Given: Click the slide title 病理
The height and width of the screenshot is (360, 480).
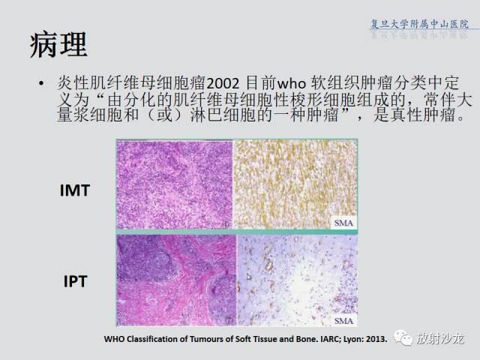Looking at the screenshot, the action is [x=58, y=45].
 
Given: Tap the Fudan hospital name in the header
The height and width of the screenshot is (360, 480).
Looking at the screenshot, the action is [x=419, y=24].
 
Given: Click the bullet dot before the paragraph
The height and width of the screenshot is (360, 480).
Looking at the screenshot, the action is [x=41, y=83].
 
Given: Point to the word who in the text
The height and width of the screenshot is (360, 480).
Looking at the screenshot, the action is [x=292, y=83].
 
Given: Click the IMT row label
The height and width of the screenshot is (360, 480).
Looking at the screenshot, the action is [x=75, y=190].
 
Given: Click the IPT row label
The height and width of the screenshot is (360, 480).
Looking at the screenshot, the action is [x=75, y=281].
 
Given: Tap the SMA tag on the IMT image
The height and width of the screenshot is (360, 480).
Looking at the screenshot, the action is [x=343, y=223].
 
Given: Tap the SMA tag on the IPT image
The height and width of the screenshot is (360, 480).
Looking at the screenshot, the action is [x=343, y=320].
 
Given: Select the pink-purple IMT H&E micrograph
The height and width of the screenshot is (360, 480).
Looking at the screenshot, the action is [x=175, y=184].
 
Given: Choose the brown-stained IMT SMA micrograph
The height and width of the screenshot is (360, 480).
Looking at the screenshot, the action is [x=295, y=184].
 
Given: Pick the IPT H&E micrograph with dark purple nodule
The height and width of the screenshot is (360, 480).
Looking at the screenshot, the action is [x=177, y=280].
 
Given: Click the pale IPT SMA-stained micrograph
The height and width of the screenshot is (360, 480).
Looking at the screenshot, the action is [x=298, y=280].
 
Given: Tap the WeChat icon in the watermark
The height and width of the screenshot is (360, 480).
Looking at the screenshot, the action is [x=403, y=337].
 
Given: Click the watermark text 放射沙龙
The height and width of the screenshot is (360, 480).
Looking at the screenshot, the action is [x=440, y=338].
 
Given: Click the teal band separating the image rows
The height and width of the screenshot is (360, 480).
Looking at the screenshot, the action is [x=237, y=232].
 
